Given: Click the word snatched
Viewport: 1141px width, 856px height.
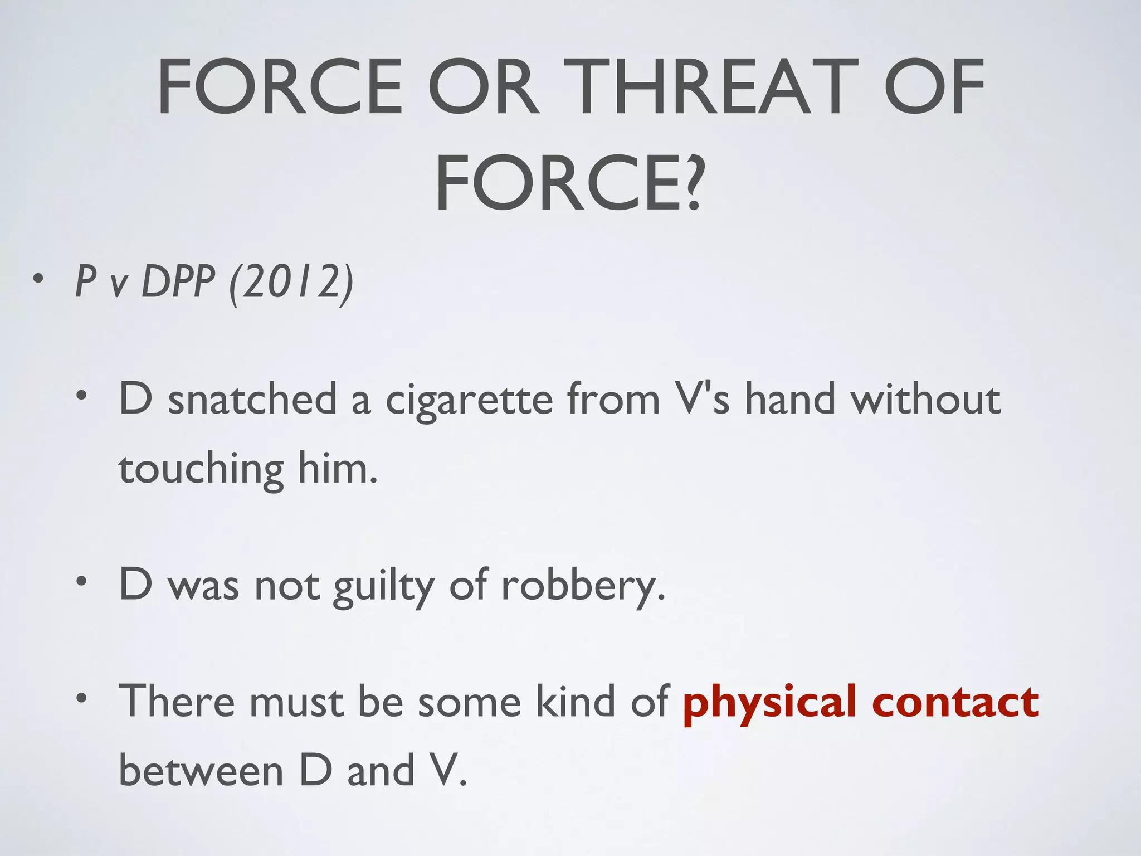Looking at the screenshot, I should point(252,400).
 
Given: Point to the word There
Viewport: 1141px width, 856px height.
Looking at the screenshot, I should point(177,701).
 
